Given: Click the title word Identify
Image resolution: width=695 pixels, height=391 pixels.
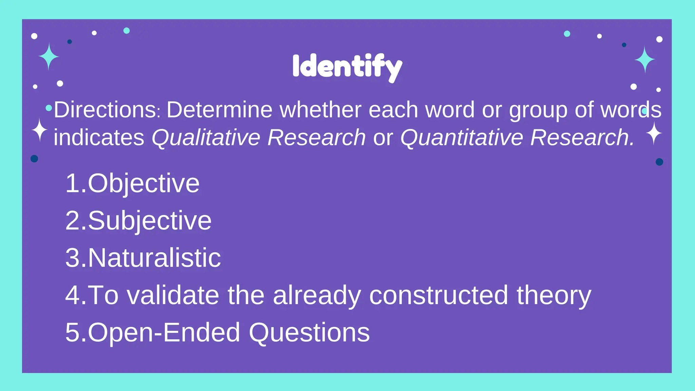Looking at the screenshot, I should pos(347,67).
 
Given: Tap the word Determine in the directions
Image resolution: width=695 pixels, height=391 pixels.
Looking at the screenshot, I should pos(220,110).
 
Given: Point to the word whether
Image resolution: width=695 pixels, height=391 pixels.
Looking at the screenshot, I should pos(320,110).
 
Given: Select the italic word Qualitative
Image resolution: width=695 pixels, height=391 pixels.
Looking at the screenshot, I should pos(206,137).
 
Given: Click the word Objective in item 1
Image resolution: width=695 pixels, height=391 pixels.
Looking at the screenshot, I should pos(144,184).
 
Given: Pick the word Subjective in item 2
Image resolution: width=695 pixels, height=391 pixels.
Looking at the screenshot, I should pos(150,221).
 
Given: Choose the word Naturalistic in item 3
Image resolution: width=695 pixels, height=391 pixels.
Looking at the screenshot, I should pos(154,258).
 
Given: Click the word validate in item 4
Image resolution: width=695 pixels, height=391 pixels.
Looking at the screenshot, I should pos(173,295).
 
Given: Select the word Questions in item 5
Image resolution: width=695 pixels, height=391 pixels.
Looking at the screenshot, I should pos(309,333).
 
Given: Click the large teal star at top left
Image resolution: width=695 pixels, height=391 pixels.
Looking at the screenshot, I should pos(49,56).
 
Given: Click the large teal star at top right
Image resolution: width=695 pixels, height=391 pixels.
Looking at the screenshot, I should pos(645,60).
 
